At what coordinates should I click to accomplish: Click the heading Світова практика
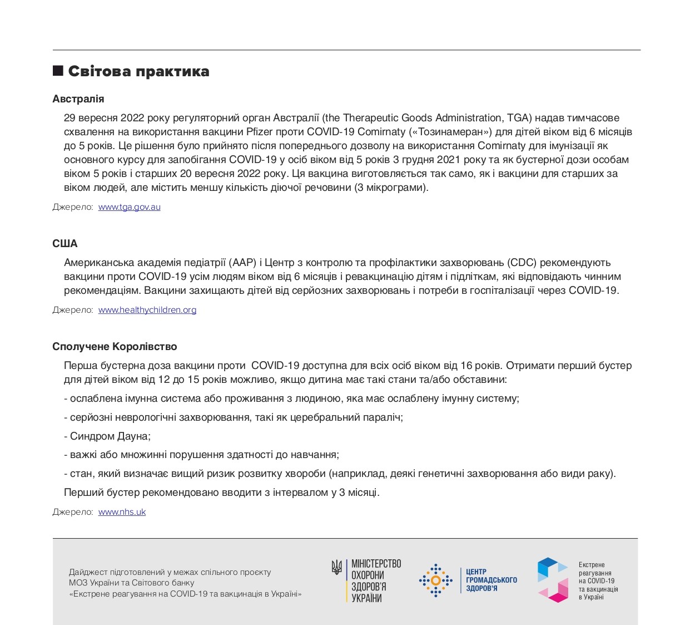138,71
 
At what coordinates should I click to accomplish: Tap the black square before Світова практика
58,71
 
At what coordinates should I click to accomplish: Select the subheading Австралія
78,99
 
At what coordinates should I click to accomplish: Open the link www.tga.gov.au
130,207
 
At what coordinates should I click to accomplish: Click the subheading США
65,244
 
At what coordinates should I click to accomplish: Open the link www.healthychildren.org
147,310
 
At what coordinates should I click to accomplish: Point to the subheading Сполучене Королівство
115,347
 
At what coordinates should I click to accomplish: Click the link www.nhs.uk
122,512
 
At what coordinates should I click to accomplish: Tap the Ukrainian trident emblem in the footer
336,567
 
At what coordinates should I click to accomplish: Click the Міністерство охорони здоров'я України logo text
376,581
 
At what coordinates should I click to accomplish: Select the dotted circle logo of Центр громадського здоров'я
435,580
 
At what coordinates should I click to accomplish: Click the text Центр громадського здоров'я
491,580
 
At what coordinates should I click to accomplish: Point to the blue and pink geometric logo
553,580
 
